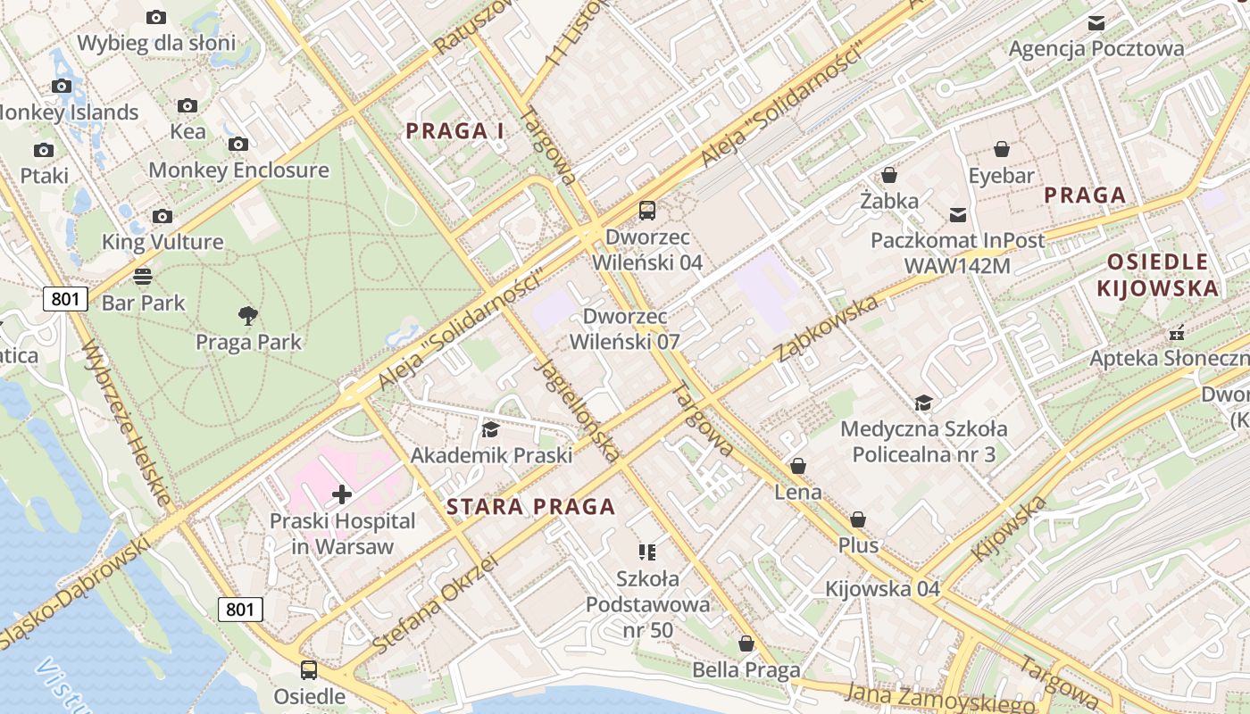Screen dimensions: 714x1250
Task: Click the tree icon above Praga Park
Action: [248, 315]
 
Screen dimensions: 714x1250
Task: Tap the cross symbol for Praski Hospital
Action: [342, 494]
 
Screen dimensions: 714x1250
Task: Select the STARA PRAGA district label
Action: [530, 507]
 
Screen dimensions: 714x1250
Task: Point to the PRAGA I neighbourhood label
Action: [455, 131]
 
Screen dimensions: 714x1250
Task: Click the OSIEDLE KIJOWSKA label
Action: [1157, 275]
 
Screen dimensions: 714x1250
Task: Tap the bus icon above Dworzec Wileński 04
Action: [647, 211]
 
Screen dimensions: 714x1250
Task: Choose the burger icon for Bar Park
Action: [143, 276]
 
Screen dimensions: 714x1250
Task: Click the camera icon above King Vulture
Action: [162, 216]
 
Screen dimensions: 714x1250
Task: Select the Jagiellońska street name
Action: [577, 410]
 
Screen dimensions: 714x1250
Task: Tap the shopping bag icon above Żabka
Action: [889, 175]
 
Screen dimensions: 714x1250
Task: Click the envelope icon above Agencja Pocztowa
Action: [1096, 22]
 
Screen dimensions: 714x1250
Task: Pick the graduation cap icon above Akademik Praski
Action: [490, 429]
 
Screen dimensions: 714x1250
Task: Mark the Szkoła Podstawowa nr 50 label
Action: [647, 604]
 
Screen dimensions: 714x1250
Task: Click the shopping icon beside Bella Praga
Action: [746, 643]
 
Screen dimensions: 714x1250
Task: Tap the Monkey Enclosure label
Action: [238, 170]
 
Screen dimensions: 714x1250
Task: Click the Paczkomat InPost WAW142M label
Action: [957, 253]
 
